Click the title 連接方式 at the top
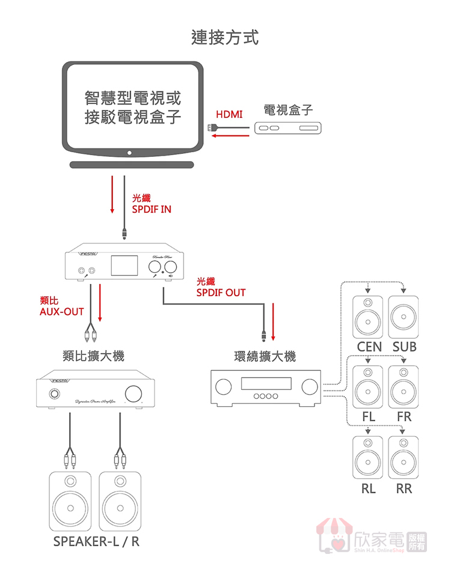coord(225,37)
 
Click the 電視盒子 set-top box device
coord(289,128)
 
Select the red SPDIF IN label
coord(151,204)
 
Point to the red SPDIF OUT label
coord(221,287)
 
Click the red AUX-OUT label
coord(61,306)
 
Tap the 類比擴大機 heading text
coord(93,356)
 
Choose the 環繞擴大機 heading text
coord(265,356)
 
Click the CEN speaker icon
coord(367,317)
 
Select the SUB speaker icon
coord(403,317)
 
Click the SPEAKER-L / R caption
coord(96,541)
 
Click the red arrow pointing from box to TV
coord(232,136)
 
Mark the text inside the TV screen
coord(132,107)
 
